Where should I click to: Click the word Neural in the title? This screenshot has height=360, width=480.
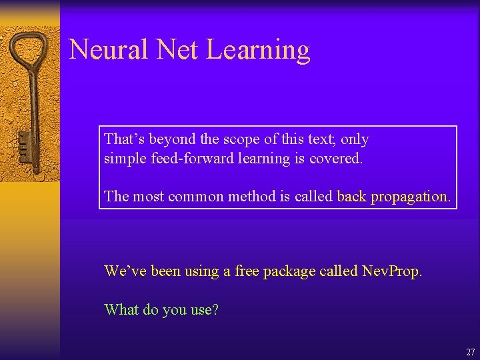[x=109, y=50]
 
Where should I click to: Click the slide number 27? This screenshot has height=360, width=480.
[x=470, y=352]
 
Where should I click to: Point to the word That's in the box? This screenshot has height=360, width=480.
[x=125, y=139]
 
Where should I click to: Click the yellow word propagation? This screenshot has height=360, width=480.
[x=411, y=197]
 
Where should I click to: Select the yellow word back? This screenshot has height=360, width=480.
[x=351, y=197]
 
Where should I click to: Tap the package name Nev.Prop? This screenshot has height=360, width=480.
[x=392, y=271]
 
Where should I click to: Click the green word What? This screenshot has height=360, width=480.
[x=121, y=309]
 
